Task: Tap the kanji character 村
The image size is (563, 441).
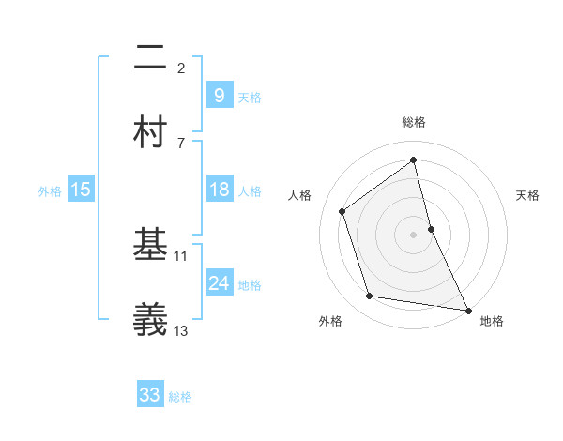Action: [151, 132]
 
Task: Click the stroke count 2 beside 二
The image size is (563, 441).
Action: [181, 68]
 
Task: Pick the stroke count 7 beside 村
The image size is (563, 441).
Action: [181, 143]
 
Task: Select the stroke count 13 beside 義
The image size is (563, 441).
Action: [181, 329]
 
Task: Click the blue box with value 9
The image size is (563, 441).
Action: [219, 95]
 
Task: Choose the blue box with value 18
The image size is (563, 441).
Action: [219, 190]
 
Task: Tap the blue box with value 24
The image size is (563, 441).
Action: [219, 282]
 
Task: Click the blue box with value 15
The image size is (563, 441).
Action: [81, 190]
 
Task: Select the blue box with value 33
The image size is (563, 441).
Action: [150, 395]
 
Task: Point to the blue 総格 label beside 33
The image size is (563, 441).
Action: [180, 397]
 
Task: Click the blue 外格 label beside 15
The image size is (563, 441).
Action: [50, 191]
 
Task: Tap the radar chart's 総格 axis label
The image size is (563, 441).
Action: [414, 122]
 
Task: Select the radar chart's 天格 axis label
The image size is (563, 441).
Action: [528, 195]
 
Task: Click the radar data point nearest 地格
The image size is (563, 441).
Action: [467, 310]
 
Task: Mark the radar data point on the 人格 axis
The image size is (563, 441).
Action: [342, 211]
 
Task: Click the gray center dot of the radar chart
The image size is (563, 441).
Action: [414, 234]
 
